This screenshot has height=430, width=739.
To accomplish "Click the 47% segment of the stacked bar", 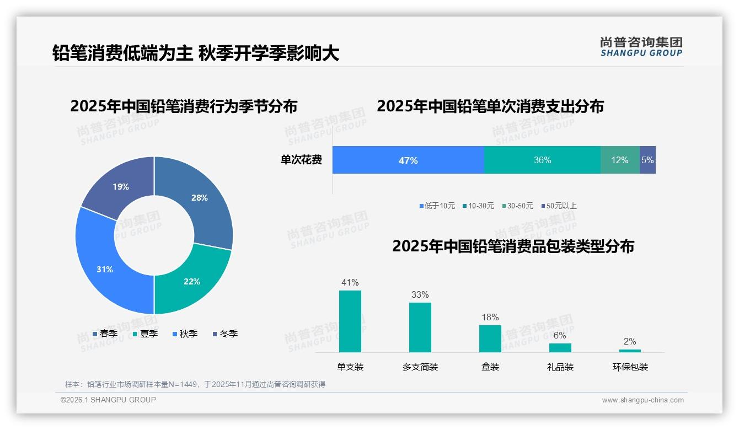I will point(408,160).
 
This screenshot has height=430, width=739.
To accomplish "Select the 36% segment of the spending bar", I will point(542,160).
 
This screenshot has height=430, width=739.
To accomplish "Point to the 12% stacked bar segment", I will point(620,160).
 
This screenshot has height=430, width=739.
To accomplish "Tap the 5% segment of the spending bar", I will point(647,160).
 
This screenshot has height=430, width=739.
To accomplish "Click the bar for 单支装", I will point(350,321).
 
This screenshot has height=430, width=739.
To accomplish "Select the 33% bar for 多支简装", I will point(420,327).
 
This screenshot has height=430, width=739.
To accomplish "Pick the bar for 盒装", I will point(490,338).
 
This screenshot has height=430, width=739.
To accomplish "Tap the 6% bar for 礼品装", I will point(560,348).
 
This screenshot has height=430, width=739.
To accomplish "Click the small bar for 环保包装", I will point(630,351).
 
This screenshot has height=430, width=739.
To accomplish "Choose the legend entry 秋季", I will point(185,334).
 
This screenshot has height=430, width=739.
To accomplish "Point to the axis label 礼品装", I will point(560,367).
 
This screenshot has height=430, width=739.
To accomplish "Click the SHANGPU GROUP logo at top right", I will point(641,47).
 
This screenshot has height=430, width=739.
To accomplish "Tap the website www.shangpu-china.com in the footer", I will point(642,400).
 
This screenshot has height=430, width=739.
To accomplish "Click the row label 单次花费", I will point(301,160).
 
